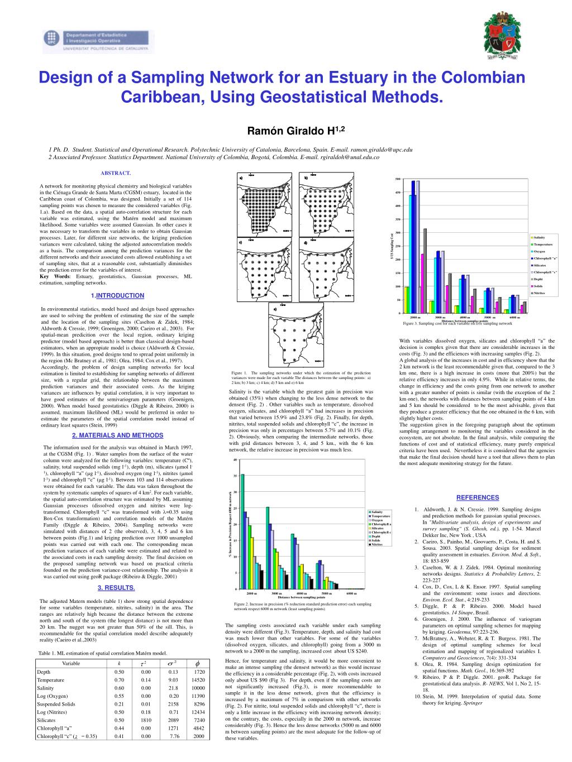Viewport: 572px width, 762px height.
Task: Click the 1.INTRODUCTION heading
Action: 117,295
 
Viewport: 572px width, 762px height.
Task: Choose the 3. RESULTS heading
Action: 116,587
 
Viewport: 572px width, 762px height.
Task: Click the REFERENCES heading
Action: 477,498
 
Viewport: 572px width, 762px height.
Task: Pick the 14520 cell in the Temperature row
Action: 198,680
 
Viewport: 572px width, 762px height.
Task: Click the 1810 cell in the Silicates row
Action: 146,720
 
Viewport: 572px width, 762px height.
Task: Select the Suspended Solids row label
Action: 56,704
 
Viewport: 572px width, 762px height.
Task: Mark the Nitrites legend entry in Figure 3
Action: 539,293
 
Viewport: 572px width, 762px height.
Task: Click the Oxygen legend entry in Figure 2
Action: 378,520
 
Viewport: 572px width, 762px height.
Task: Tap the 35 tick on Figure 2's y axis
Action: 235,476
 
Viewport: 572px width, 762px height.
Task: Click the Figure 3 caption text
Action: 457,323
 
